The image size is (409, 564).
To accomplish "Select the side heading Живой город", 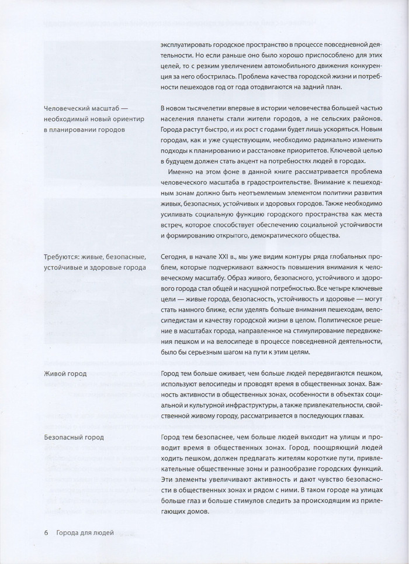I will [x=65, y=373].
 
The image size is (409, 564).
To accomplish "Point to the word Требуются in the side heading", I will [x=63, y=256].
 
